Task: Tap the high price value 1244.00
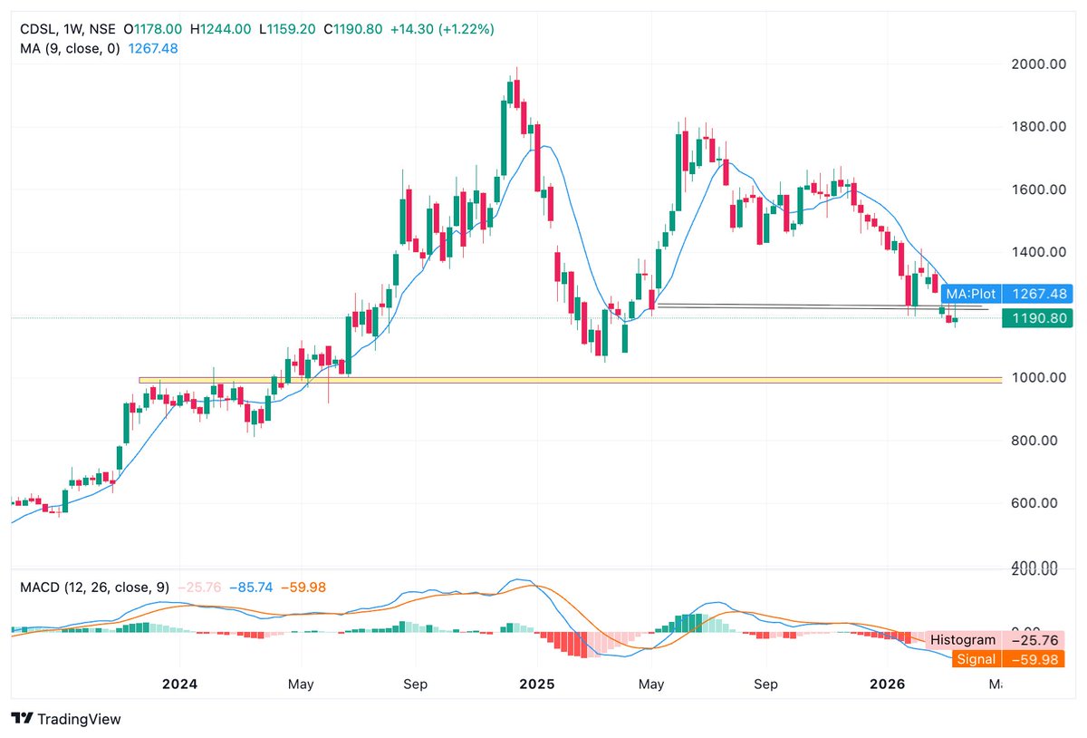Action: (226, 29)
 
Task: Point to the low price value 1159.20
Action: (289, 29)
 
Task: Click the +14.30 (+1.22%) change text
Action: (442, 29)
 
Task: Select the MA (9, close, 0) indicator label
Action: (70, 48)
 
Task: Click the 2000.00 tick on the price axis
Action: (1037, 63)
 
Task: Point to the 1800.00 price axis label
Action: (1037, 127)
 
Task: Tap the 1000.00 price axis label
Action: (1037, 378)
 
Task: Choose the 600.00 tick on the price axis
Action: (1037, 503)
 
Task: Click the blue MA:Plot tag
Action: (970, 294)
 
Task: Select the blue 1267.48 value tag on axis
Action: (1038, 294)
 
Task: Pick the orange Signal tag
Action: (976, 659)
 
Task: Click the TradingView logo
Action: (66, 719)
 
